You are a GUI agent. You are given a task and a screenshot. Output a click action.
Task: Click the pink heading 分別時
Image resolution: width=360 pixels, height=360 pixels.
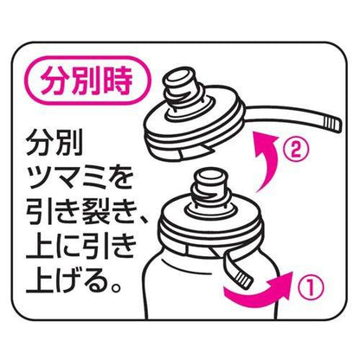[x=87, y=80]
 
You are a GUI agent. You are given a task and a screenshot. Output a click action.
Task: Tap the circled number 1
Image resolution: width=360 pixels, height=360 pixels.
[x=311, y=286]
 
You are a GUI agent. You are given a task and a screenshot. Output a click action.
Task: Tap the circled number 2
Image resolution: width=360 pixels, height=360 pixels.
[x=295, y=151]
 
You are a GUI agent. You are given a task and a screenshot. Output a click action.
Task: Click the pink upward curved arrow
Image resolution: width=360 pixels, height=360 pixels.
[x=267, y=162]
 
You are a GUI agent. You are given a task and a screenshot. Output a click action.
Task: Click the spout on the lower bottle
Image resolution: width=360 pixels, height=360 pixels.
[x=209, y=188]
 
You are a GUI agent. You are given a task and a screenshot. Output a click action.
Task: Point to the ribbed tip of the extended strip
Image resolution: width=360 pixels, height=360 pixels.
[x=331, y=123]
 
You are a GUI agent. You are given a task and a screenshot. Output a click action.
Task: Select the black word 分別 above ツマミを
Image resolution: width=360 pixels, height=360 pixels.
[x=55, y=143]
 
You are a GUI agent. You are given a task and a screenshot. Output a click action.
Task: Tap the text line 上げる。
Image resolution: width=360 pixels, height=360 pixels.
[x=73, y=282]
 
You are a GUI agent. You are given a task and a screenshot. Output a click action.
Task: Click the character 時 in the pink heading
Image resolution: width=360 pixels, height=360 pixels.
[x=118, y=80]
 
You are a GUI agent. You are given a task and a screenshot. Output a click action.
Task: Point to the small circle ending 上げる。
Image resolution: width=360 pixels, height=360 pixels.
[x=115, y=288]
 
